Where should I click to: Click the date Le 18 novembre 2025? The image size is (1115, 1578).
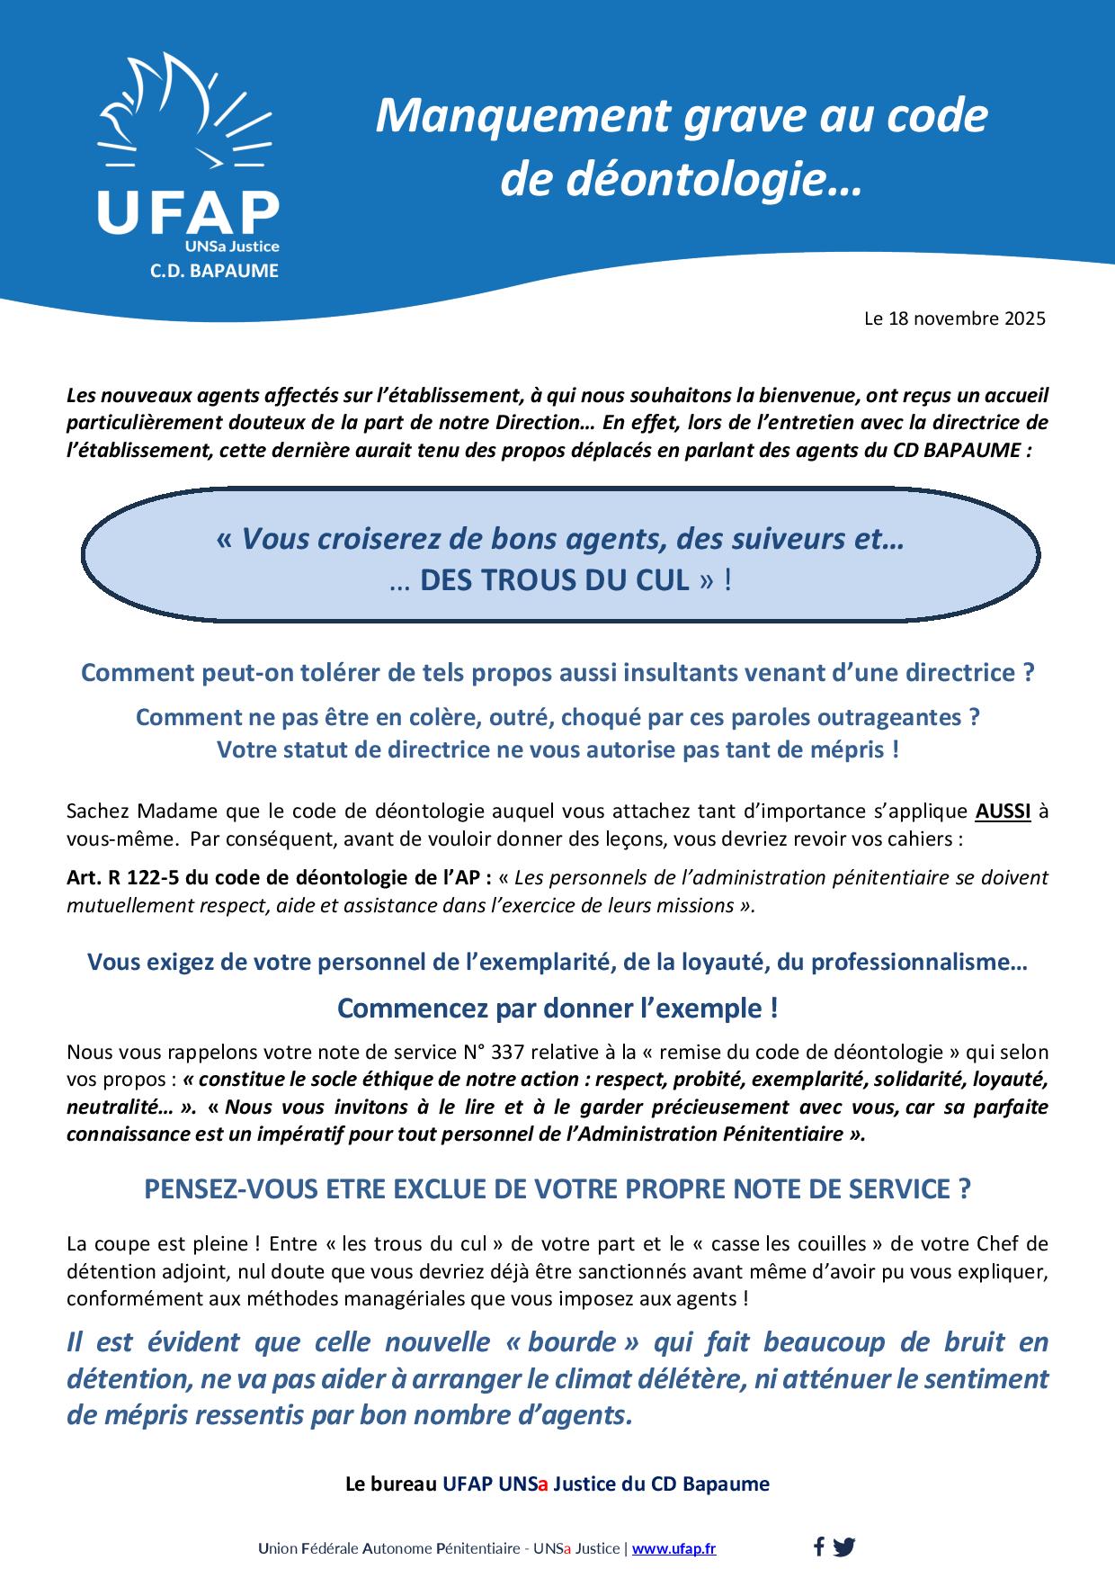[x=954, y=318]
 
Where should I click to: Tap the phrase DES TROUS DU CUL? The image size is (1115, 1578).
[x=555, y=580]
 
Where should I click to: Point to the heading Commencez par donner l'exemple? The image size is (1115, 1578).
[x=557, y=1009]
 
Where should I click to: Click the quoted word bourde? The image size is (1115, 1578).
[x=572, y=1342]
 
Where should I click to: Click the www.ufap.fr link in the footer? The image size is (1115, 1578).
[x=673, y=1548]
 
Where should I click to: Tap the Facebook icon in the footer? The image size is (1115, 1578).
[x=818, y=1547]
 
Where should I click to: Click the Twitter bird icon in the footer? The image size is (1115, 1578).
[x=843, y=1547]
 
